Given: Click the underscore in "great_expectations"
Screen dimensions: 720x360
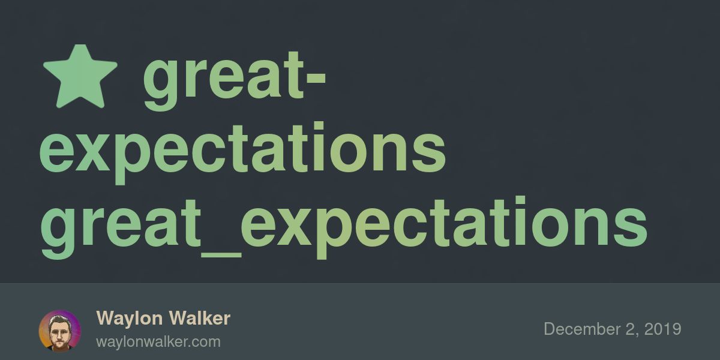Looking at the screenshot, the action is [221, 254].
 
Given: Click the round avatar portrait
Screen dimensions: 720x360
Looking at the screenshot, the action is [60, 331].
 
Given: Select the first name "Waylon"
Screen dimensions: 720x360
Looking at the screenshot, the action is [129, 319].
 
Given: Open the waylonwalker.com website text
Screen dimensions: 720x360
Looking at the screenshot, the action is [158, 342].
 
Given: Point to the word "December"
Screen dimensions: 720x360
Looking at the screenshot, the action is [581, 329].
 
